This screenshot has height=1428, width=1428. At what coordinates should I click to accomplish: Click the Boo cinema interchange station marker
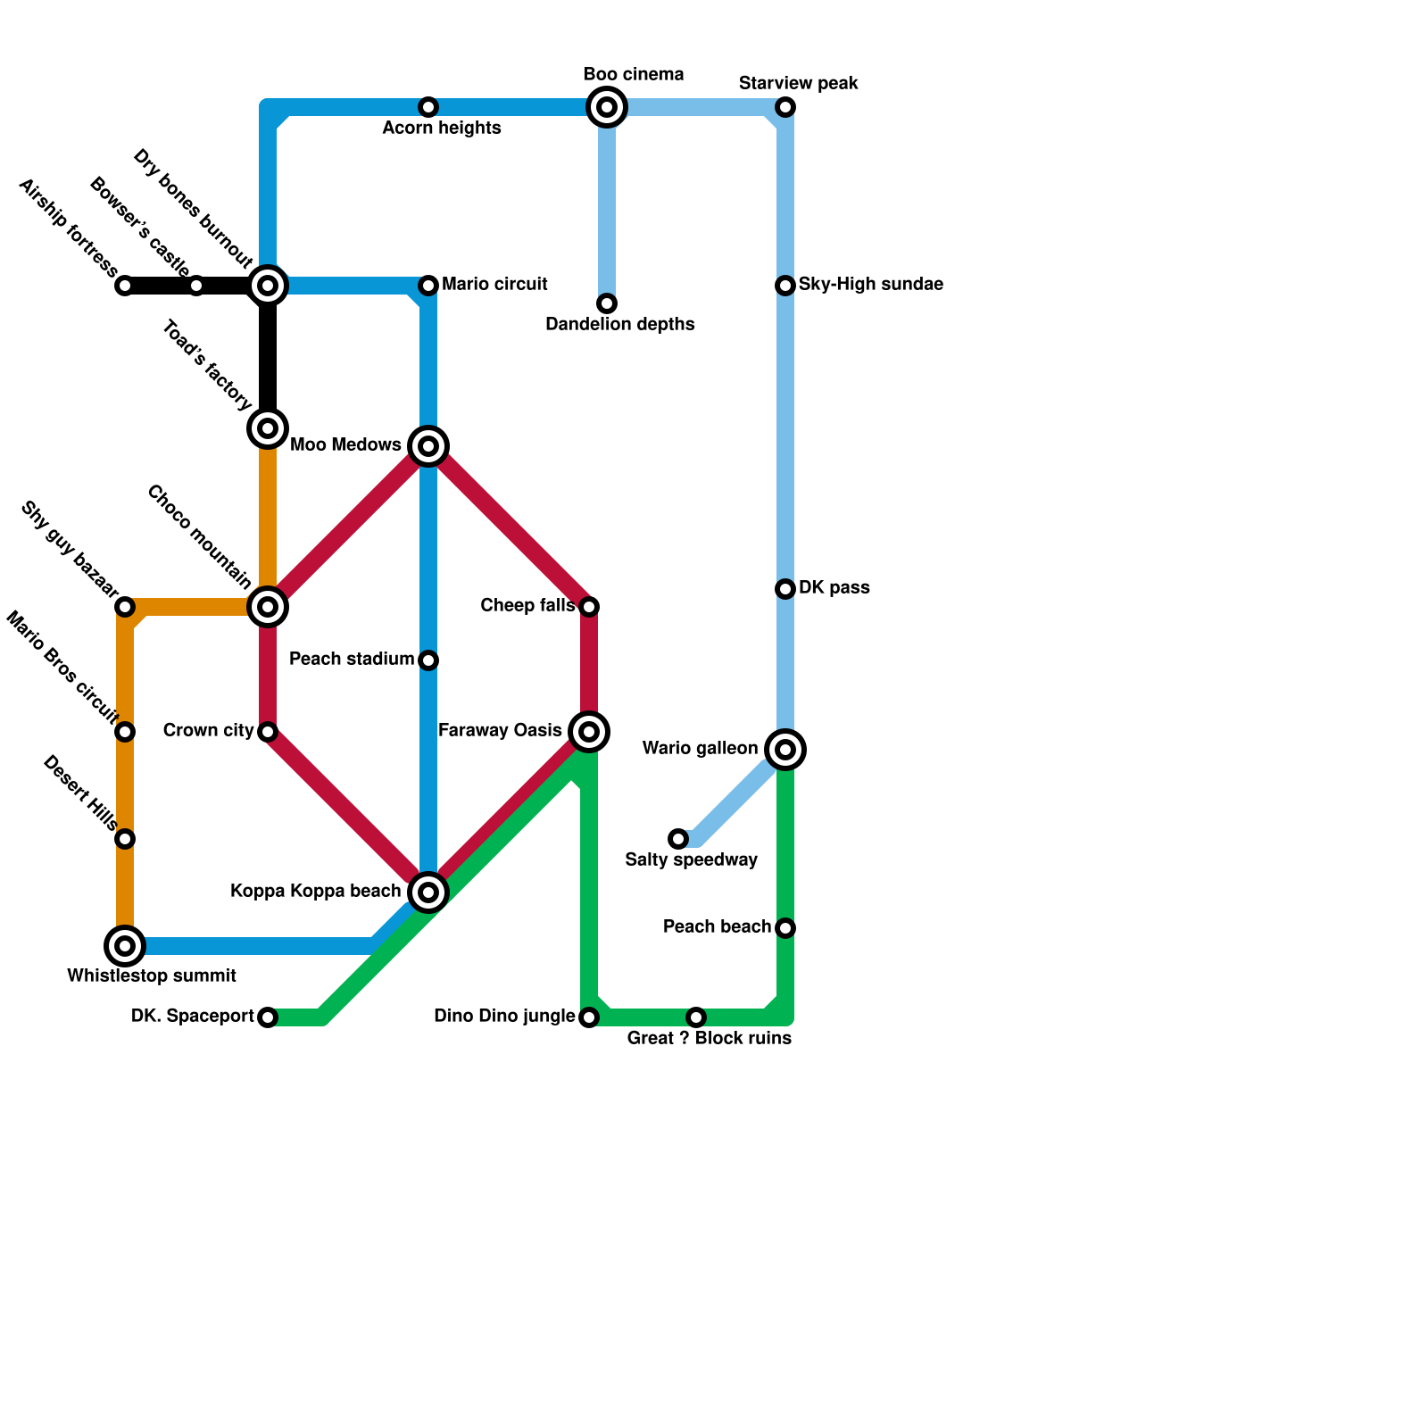(x=607, y=108)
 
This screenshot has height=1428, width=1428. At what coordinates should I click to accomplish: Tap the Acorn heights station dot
(x=428, y=108)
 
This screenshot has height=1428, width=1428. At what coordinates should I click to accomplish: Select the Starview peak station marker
(x=785, y=108)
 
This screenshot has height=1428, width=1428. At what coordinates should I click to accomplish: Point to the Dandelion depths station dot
(x=607, y=303)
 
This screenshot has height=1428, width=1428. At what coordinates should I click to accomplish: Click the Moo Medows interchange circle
(x=428, y=446)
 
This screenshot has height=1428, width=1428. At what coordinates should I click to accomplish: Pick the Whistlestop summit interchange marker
(x=125, y=946)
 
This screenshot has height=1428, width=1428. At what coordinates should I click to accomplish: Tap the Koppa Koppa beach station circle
(x=428, y=892)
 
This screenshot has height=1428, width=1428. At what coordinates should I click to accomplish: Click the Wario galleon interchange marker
(x=785, y=750)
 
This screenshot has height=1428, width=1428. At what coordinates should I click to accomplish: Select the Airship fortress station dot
(x=125, y=286)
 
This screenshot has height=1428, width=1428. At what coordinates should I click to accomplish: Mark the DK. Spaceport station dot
(x=268, y=1017)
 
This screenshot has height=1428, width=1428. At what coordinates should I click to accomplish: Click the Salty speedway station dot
(x=679, y=839)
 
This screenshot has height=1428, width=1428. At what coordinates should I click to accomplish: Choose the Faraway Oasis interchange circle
(x=589, y=732)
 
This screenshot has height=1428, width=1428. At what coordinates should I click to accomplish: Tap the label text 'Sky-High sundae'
(x=870, y=285)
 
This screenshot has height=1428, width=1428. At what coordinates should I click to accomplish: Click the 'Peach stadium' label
(x=352, y=660)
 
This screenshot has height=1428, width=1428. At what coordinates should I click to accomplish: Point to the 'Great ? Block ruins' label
(x=709, y=1038)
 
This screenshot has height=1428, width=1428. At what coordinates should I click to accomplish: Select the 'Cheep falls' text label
(x=527, y=606)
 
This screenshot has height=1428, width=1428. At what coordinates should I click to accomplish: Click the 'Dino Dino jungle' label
(x=504, y=1017)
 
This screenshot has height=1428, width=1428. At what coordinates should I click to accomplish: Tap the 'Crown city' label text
(x=208, y=731)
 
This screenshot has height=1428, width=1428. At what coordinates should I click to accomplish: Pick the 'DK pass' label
(x=834, y=588)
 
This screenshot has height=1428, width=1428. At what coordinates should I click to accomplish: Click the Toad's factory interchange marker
(x=268, y=428)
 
